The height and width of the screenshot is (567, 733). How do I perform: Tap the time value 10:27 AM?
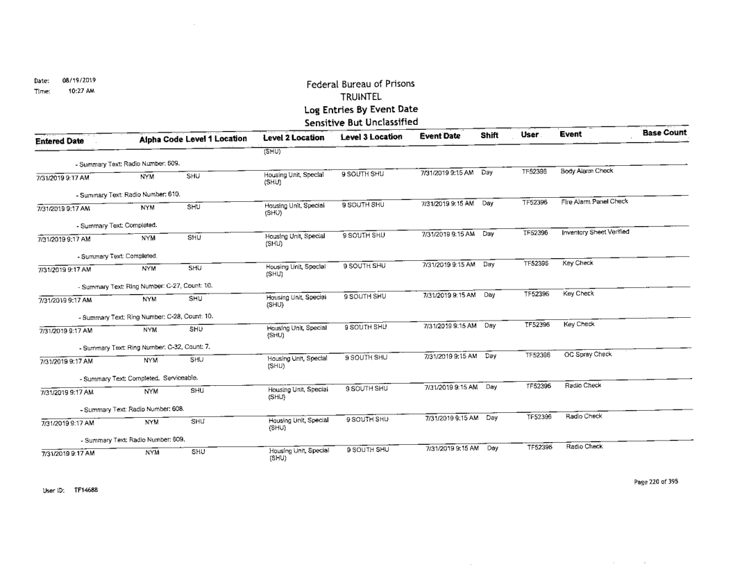pos(81,90)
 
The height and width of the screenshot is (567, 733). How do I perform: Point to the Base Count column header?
pos(664,133)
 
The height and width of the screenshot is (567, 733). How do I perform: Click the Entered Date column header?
pos(60,141)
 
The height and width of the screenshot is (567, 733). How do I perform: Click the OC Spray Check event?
pos(587,355)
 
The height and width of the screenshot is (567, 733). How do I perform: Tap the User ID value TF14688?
pos(86,490)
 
